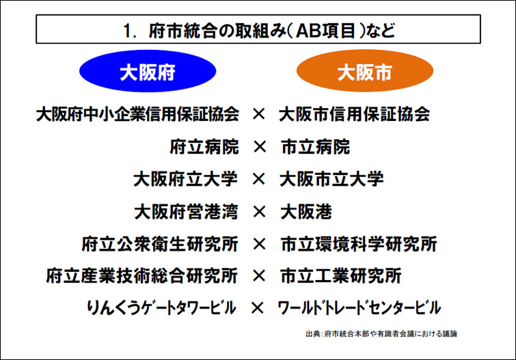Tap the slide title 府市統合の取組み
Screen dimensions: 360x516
click(x=258, y=31)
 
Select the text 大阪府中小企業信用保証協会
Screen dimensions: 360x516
click(x=137, y=114)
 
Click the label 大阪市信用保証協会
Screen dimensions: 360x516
click(x=355, y=114)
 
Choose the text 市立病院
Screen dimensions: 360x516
click(x=315, y=147)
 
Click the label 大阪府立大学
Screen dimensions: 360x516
click(x=185, y=179)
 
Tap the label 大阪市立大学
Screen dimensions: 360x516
click(x=331, y=179)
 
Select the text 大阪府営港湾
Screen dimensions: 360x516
click(x=185, y=212)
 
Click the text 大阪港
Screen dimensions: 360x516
click(x=305, y=212)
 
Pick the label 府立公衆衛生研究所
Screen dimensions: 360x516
click(x=159, y=244)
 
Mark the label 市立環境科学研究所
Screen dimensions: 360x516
click(x=359, y=244)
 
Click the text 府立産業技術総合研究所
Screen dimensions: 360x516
click(x=141, y=276)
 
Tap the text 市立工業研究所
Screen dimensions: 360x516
click(x=341, y=276)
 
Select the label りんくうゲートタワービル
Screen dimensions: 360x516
click(x=161, y=308)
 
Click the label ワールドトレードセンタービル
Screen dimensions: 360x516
click(x=359, y=308)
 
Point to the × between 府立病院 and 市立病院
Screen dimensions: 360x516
click(x=258, y=147)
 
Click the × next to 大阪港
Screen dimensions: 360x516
click(x=258, y=212)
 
